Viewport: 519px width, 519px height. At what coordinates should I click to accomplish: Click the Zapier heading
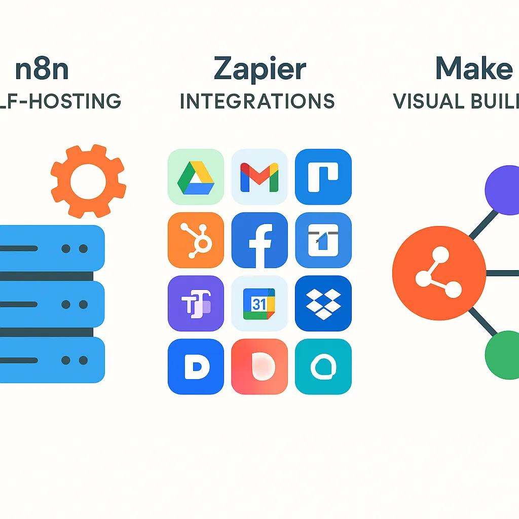[x=259, y=69]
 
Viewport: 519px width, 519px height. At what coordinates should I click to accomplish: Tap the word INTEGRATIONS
[x=257, y=101]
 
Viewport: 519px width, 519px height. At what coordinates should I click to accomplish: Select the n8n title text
[x=42, y=69]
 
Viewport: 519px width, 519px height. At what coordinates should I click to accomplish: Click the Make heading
[x=474, y=69]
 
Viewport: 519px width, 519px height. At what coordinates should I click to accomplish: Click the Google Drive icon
[x=196, y=176]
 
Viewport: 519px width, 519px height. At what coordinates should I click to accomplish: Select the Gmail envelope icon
[x=259, y=176]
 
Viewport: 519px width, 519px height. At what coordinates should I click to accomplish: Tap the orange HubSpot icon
[x=196, y=240]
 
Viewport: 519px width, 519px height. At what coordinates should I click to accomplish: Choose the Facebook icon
[x=259, y=240]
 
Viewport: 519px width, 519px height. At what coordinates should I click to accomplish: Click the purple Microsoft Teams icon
[x=196, y=303]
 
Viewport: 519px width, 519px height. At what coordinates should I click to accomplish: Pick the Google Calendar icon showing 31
[x=259, y=303]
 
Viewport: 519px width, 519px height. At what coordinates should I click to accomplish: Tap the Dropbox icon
[x=323, y=303]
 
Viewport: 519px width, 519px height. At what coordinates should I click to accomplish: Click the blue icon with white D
[x=196, y=366]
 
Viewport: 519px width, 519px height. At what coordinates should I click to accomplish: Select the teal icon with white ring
[x=323, y=366]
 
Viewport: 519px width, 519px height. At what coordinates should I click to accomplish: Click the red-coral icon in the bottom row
[x=259, y=366]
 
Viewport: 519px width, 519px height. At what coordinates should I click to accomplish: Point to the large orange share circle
[x=439, y=273]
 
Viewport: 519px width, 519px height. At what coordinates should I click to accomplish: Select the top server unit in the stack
[x=51, y=248]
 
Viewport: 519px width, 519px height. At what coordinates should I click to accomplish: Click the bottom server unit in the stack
[x=51, y=360]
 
